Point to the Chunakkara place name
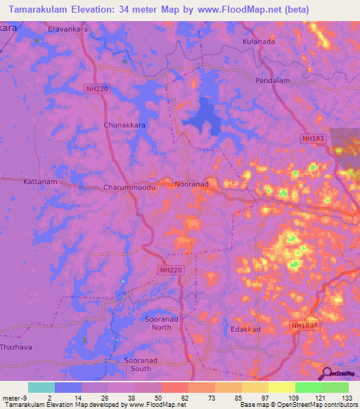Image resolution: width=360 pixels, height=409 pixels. pos(124,124)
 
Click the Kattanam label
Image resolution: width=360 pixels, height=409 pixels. pos(37,181)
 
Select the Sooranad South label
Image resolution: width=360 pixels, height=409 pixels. pos(145,364)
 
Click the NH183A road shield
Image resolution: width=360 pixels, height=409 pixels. pos(305,325)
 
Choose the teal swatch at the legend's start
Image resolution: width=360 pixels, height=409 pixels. pos(41,387)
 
